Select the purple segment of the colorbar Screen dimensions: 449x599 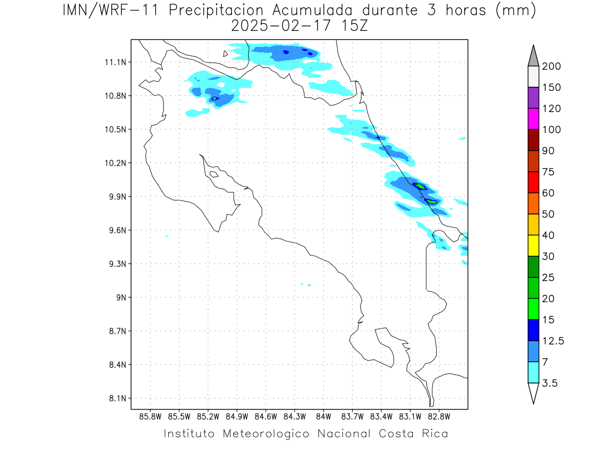533,98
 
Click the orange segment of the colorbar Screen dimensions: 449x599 533,203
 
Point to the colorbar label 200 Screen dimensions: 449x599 551,66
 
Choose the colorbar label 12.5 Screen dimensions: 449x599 553,341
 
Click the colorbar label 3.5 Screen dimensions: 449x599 550,383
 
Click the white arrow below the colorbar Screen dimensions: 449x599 533,393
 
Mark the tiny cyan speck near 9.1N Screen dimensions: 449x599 309,285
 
